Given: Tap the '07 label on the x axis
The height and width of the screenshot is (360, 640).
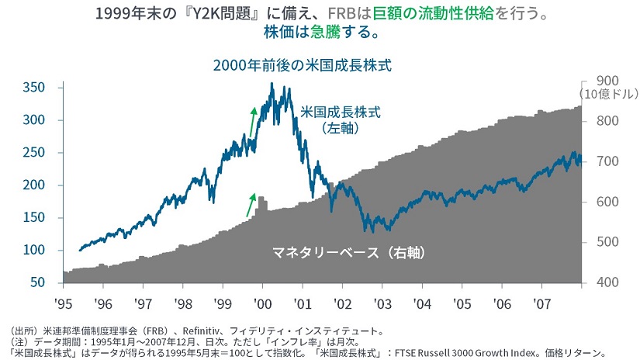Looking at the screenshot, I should pyautogui.click(x=542, y=302).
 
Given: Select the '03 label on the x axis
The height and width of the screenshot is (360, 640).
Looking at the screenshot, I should pyautogui.click(x=382, y=302).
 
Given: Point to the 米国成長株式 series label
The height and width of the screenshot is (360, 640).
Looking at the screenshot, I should pyautogui.click(x=341, y=112).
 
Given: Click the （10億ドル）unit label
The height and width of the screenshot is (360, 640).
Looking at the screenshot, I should pyautogui.click(x=607, y=95).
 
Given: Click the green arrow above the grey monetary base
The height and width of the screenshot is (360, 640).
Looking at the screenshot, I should pyautogui.click(x=251, y=203).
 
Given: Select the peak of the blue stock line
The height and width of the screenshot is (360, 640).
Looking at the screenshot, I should pyautogui.click(x=272, y=84).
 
